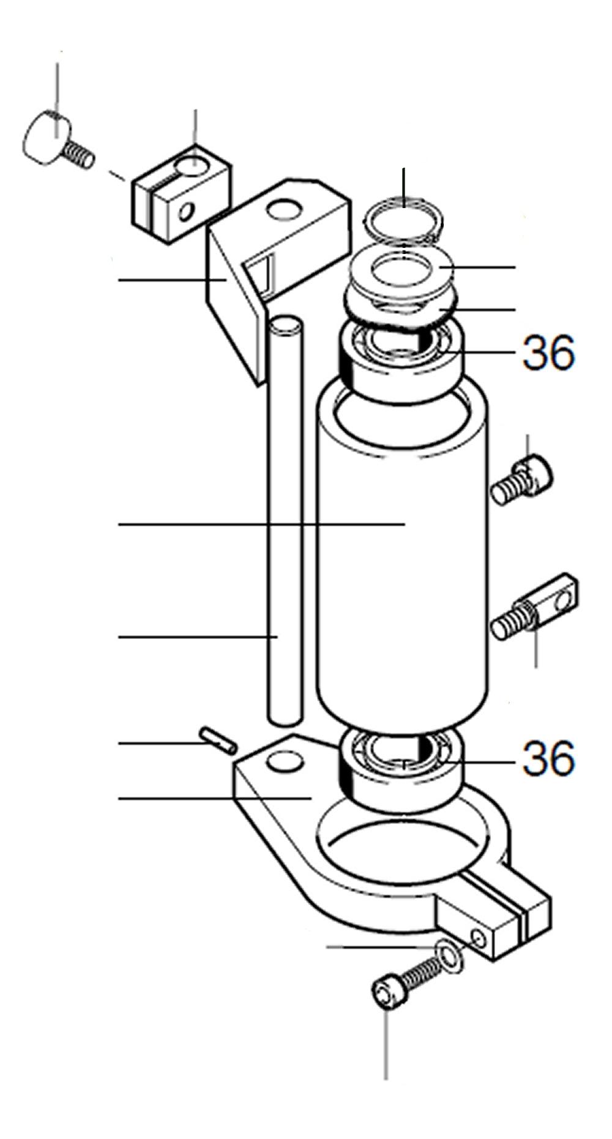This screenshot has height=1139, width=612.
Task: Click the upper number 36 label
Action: pos(548,353)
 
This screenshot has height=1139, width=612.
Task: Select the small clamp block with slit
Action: pos(181,194)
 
